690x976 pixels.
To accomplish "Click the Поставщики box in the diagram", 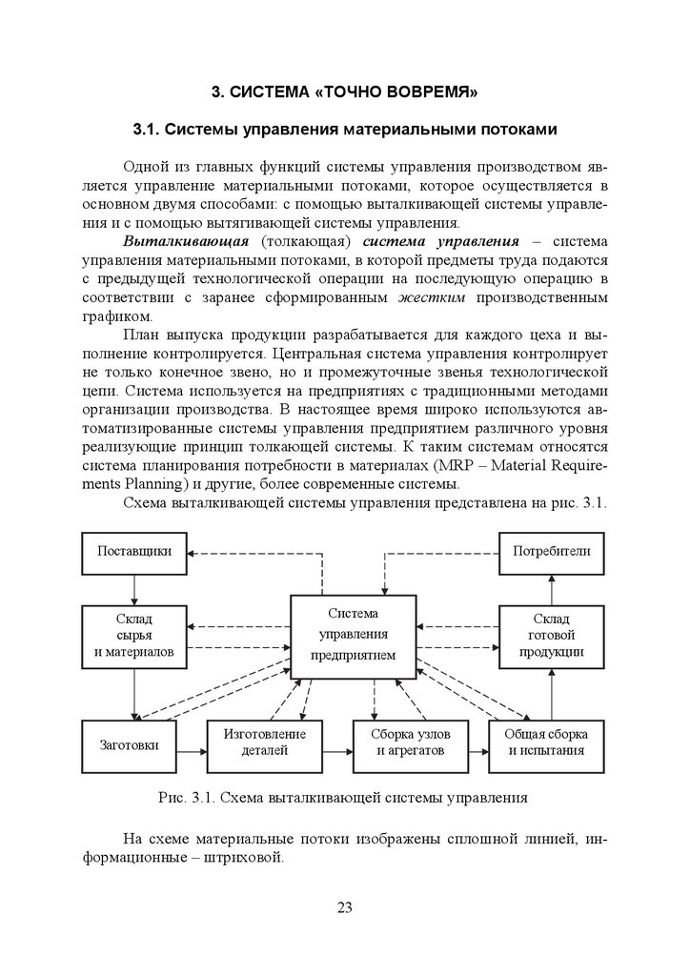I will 133,552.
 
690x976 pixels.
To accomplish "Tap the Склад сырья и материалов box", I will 133,634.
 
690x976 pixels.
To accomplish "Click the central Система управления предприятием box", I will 353,634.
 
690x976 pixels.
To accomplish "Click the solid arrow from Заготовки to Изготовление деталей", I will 191,750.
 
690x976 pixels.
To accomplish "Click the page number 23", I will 344,906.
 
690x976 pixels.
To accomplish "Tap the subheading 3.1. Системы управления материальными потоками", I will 344,129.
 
